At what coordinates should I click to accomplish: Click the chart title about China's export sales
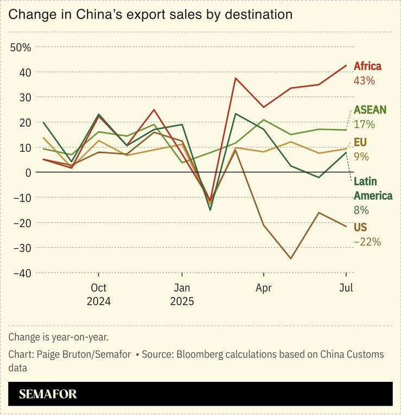click(x=150, y=15)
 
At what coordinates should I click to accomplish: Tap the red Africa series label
click(x=367, y=66)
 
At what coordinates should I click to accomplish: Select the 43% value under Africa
click(x=364, y=80)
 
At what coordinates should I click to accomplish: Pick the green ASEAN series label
click(x=370, y=110)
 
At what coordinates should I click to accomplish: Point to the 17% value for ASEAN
click(x=364, y=124)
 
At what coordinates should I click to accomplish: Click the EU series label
click(x=361, y=142)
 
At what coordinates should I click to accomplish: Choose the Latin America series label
click(x=373, y=188)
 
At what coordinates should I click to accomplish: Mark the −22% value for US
click(x=367, y=241)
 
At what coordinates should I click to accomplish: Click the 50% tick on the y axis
click(x=21, y=47)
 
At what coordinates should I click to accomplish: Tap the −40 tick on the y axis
click(x=21, y=273)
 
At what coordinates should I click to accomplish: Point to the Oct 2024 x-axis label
click(x=99, y=294)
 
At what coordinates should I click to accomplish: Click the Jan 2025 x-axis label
click(x=182, y=294)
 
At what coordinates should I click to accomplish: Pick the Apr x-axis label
click(x=264, y=288)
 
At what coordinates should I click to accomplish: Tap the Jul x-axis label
click(x=346, y=288)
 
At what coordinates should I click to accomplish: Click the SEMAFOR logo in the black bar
click(x=48, y=394)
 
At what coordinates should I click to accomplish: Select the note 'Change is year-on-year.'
click(x=58, y=337)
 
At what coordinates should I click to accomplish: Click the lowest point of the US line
click(x=291, y=259)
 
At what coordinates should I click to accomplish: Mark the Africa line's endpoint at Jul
click(x=346, y=65)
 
